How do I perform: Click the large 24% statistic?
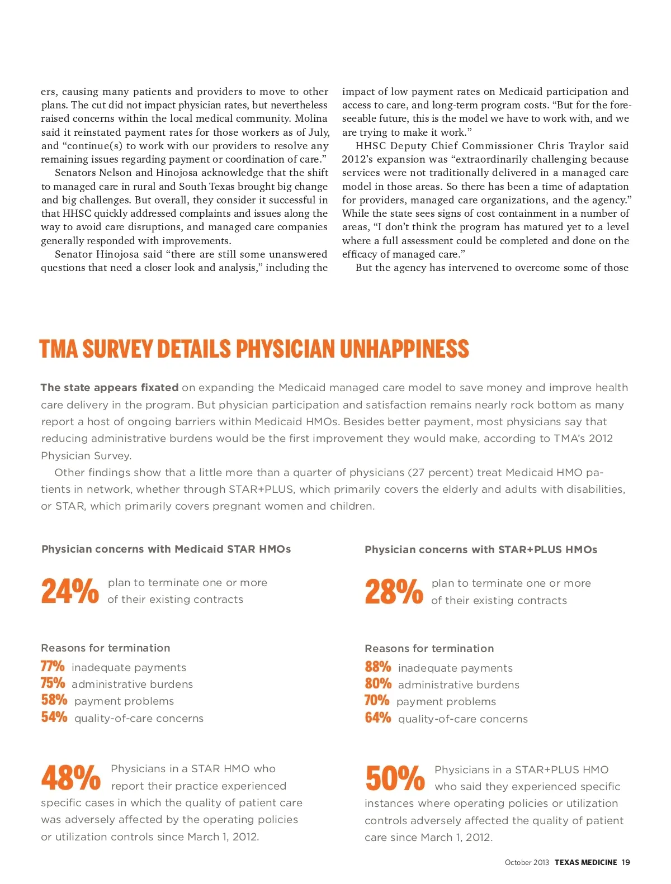click(x=70, y=591)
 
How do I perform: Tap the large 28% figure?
click(x=394, y=592)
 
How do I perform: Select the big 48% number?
click(x=71, y=778)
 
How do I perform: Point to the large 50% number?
click(x=395, y=778)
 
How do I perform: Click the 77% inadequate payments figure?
click(x=53, y=667)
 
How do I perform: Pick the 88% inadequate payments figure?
click(x=378, y=667)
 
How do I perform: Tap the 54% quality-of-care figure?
click(x=54, y=717)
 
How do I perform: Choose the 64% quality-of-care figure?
click(x=378, y=718)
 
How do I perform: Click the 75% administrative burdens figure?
click(x=53, y=683)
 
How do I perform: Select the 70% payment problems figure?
click(x=377, y=701)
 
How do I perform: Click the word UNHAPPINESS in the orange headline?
click(x=404, y=349)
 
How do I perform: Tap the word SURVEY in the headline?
click(x=117, y=349)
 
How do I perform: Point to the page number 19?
click(x=626, y=862)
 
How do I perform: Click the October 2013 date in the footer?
click(x=527, y=862)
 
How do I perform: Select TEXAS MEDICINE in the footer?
click(x=585, y=862)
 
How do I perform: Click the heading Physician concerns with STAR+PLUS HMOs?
click(x=481, y=549)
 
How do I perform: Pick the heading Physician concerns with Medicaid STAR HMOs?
click(x=166, y=549)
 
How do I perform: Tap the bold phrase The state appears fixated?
click(x=110, y=388)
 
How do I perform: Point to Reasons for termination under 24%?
click(x=106, y=648)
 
